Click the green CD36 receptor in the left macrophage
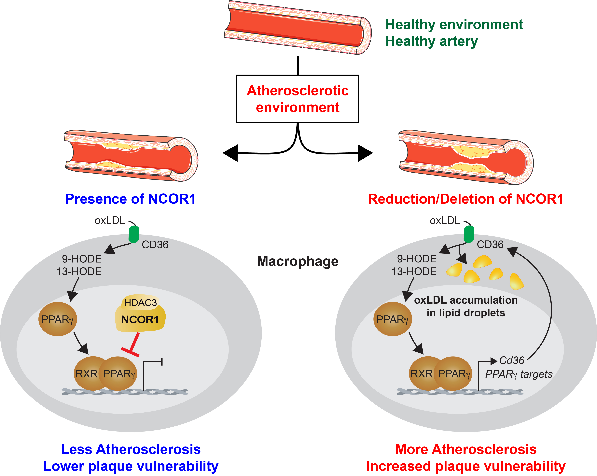[x=134, y=234]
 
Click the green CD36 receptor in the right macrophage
[x=469, y=234]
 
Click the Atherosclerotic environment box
[x=298, y=99]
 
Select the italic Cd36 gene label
[x=512, y=360]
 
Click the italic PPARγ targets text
[x=519, y=374]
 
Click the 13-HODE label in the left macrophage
[x=79, y=272]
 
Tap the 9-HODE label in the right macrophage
[x=417, y=259]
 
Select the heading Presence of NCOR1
[x=130, y=199]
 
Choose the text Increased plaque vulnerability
[x=466, y=466]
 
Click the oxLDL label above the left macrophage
[x=110, y=220]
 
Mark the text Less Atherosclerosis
[x=131, y=449]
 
